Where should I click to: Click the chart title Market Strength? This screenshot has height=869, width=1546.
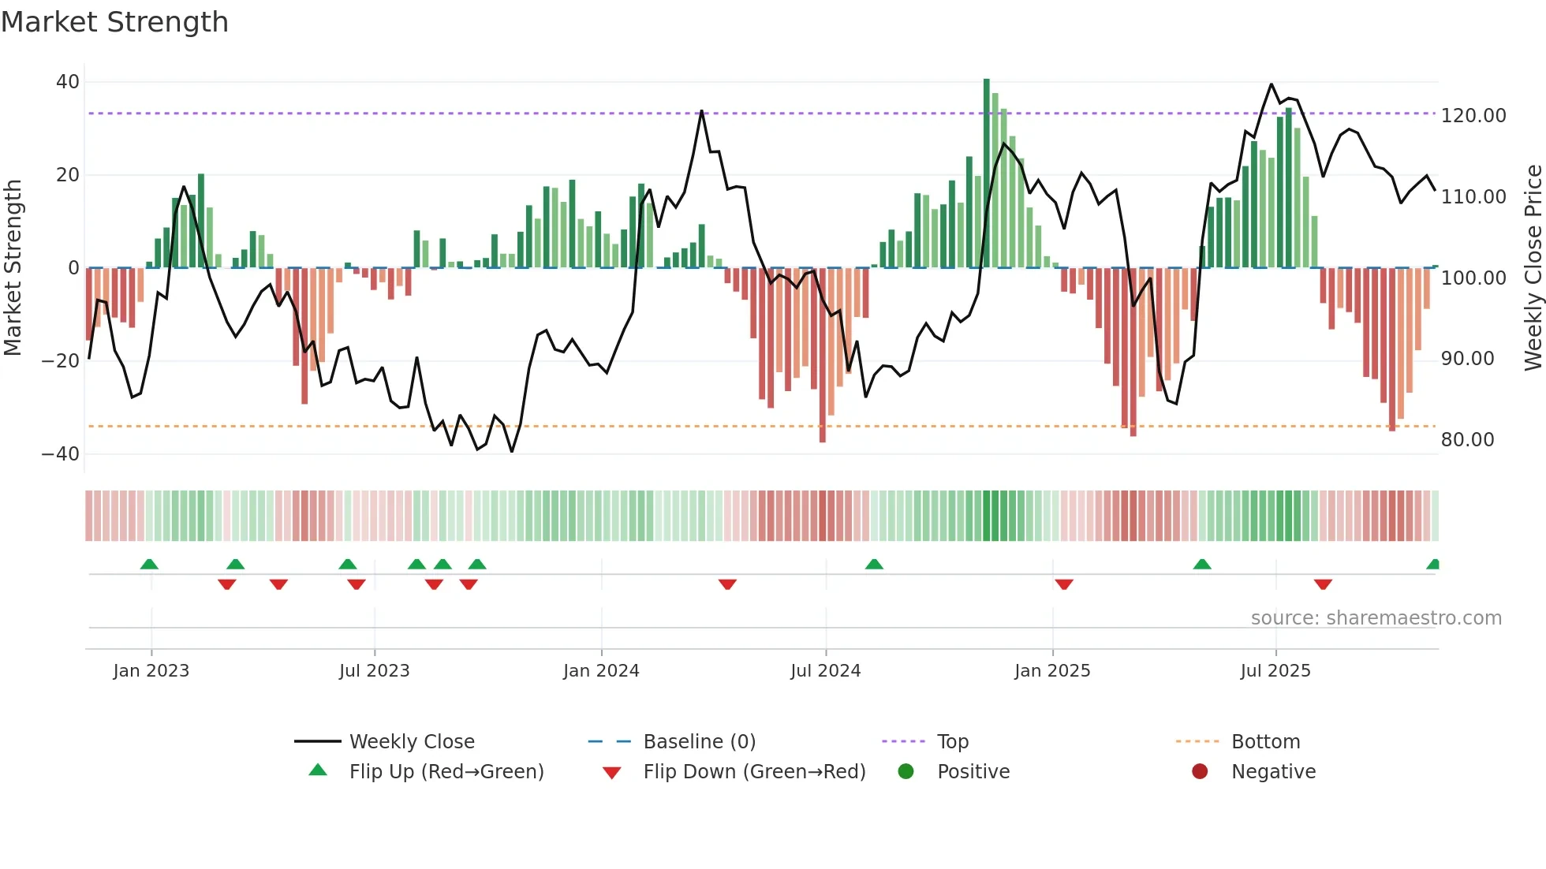[114, 22]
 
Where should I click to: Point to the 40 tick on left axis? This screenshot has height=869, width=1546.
[68, 82]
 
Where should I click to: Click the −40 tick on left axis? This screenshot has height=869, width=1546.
[61, 454]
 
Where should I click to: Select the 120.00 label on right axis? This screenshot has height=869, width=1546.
[1473, 116]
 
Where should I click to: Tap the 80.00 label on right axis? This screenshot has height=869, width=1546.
[1467, 440]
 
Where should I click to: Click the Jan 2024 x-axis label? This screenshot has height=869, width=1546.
[601, 671]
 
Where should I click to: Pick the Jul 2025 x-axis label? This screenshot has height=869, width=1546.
[1275, 671]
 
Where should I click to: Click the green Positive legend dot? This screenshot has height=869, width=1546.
[906, 772]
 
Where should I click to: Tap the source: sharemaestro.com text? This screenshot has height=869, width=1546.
[1376, 618]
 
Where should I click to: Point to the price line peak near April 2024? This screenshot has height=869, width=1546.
[701, 111]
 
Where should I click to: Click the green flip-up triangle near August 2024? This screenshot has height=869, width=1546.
[874, 564]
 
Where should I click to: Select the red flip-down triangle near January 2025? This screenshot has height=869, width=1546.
[1064, 584]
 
